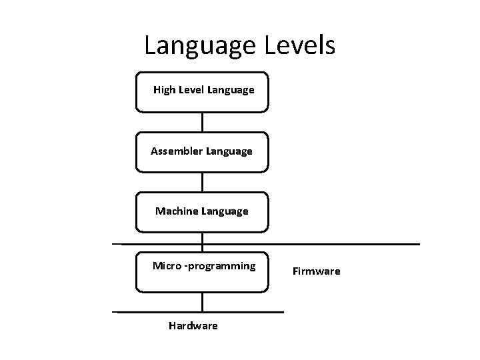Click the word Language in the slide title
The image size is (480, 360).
click(198, 47)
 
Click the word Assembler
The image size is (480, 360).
click(177, 151)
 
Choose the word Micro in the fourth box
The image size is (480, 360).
click(167, 266)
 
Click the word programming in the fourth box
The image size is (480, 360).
click(223, 267)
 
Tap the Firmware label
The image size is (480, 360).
click(316, 271)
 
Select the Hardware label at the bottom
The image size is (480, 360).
click(193, 326)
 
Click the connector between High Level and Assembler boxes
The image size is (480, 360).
click(203, 121)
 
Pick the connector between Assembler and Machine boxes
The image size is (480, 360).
click(203, 182)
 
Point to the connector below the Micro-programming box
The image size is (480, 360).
click(203, 302)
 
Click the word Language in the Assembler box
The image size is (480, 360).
click(230, 151)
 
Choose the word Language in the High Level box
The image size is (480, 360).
click(231, 89)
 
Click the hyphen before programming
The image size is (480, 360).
click(187, 267)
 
